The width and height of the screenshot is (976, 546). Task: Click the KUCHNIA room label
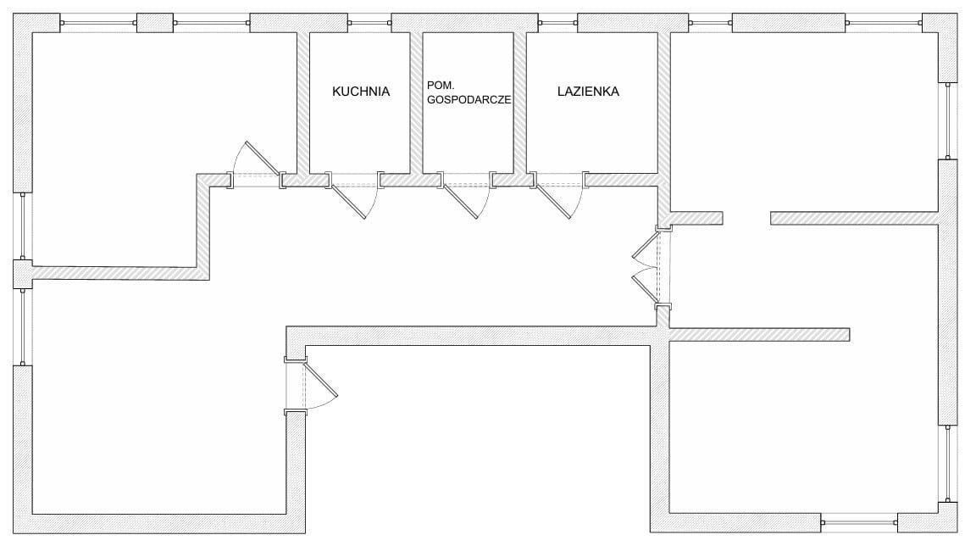click(361, 92)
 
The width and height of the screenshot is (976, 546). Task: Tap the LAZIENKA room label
click(588, 92)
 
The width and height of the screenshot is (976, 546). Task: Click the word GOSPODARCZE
click(469, 99)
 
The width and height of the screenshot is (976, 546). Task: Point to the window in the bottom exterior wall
click(858, 520)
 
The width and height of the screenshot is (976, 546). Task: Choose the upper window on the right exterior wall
click(948, 121)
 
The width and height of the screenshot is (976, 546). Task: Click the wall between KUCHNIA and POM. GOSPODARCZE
click(416, 102)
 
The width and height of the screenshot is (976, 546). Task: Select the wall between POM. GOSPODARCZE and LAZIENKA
click(519, 102)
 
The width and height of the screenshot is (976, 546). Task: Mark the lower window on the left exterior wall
click(23, 327)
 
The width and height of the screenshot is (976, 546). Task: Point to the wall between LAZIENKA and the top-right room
click(664, 102)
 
